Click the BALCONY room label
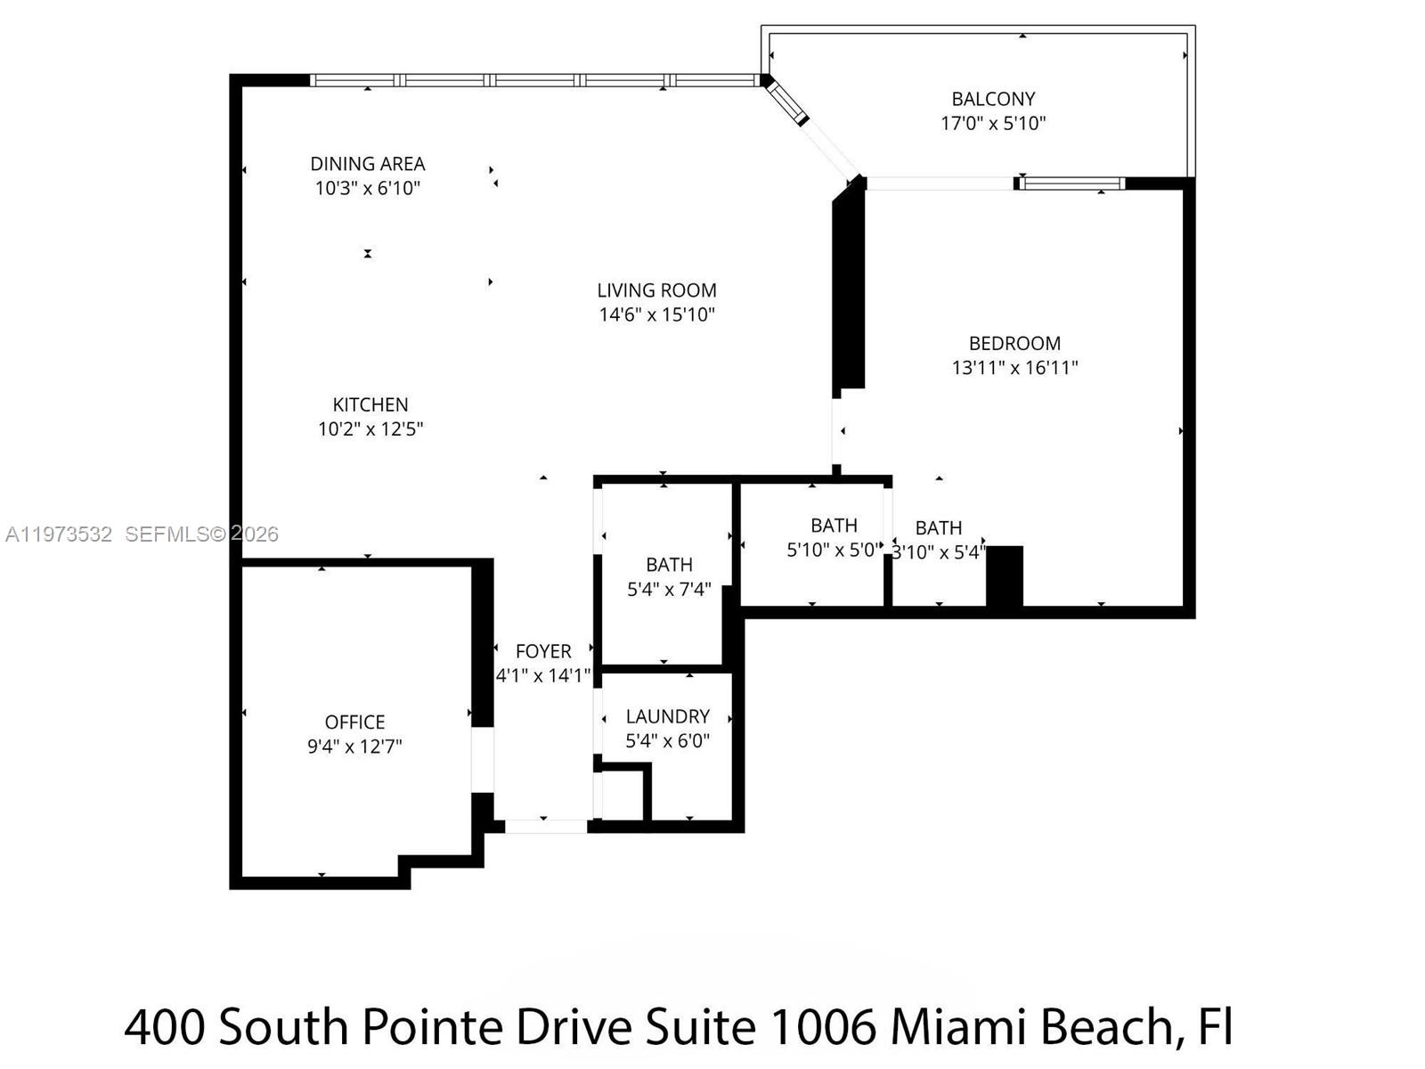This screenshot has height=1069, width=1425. pos(993,99)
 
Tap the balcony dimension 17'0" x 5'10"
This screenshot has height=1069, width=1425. pos(993,124)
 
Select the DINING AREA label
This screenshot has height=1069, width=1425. pos(367,164)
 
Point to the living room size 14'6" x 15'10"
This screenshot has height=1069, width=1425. pos(656,314)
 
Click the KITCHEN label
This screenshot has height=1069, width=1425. pos(370,404)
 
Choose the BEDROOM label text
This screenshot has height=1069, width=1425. pos(1014,343)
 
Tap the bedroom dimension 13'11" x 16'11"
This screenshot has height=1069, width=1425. pos(1014,368)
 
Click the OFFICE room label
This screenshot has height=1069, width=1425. pos(354,722)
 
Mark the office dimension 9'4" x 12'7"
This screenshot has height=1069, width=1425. pos(354,747)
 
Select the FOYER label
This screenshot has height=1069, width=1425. pos(543,651)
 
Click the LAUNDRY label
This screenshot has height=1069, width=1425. pos(667,716)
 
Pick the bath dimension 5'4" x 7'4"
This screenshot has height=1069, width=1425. pos(669,590)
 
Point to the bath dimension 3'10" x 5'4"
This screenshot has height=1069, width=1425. pos(938,552)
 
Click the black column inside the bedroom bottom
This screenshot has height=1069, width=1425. pos(1004,575)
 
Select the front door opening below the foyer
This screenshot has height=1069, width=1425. pos(545,827)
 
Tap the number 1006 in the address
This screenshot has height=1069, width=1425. pos(822,1027)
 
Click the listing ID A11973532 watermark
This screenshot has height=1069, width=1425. pos(59,534)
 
